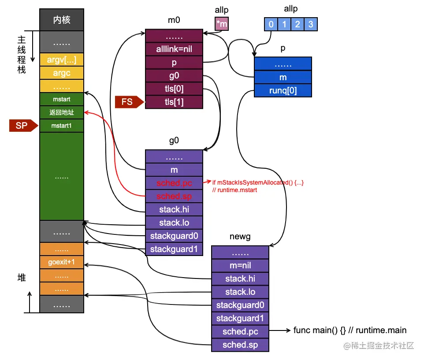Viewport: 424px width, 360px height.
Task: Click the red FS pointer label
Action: pyautogui.click(x=127, y=102)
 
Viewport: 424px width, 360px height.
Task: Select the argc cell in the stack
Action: pyautogui.click(x=62, y=73)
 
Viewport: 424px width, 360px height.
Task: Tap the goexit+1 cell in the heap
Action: pyautogui.click(x=62, y=262)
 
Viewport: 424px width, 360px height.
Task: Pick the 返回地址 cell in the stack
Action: pyautogui.click(x=62, y=112)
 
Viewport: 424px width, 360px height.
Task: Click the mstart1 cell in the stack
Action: pyautogui.click(x=62, y=126)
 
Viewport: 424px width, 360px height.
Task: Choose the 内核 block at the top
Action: pyautogui.click(x=62, y=20)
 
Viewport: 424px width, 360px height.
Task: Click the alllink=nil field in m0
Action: pyautogui.click(x=174, y=49)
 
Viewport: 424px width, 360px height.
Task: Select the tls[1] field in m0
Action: pyautogui.click(x=174, y=102)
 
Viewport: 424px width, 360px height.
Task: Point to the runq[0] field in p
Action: pyautogui.click(x=283, y=90)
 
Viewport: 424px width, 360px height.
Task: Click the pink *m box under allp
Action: pyautogui.click(x=222, y=24)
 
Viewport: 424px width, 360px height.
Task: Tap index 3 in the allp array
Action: pyautogui.click(x=311, y=24)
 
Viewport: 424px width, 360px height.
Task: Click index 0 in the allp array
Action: pyautogui.click(x=271, y=24)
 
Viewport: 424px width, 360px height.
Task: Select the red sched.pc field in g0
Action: pyautogui.click(x=174, y=183)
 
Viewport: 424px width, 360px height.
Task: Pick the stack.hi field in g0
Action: pyautogui.click(x=174, y=209)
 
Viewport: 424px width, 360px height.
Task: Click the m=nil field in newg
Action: pyautogui.click(x=240, y=265)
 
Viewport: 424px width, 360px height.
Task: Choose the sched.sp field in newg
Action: pyautogui.click(x=240, y=345)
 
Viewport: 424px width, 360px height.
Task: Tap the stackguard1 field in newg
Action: pyautogui.click(x=240, y=318)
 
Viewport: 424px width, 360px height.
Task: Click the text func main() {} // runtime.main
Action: pyautogui.click(x=350, y=330)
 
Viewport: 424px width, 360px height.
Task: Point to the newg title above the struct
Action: pyautogui.click(x=240, y=237)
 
